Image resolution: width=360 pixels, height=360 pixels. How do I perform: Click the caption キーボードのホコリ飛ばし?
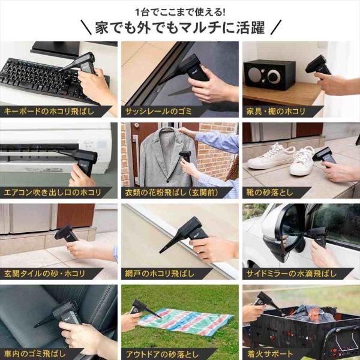click(x=49, y=112)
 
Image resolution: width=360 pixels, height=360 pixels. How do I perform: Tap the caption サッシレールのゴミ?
click(x=158, y=112)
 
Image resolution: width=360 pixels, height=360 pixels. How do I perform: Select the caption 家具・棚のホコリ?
click(x=276, y=112)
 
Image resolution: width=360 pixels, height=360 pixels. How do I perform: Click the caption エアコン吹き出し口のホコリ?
click(x=52, y=193)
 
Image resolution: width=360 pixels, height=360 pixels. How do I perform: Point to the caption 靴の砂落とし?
click(x=269, y=193)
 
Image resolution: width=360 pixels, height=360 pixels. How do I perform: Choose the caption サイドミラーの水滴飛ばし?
click(x=292, y=274)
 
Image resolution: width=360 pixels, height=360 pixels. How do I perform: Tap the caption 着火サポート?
click(x=269, y=354)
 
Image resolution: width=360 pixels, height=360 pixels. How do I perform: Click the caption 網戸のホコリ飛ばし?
click(x=160, y=274)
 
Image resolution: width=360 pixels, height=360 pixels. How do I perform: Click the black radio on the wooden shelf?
click(x=269, y=74)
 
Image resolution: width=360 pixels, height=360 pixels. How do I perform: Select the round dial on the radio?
click(x=274, y=76)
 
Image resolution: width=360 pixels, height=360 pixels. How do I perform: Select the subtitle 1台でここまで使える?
click(x=180, y=12)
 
